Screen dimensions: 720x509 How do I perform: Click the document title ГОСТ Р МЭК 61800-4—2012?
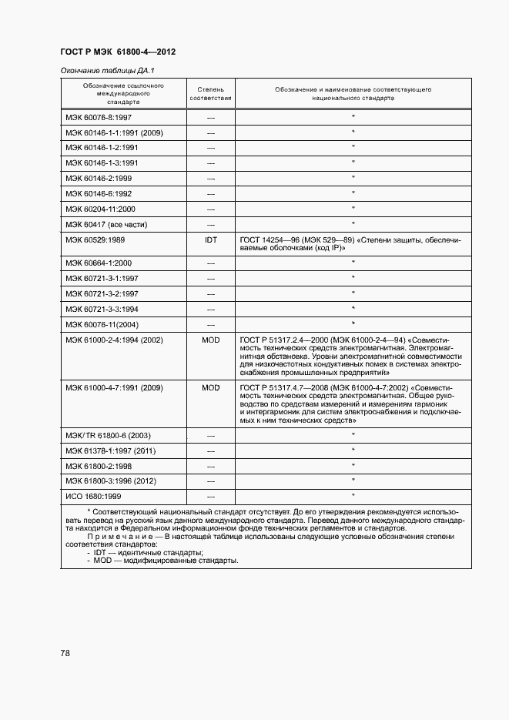coord(118,52)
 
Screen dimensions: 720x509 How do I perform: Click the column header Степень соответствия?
coord(210,94)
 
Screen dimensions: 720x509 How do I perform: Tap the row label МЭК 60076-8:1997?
coord(99,117)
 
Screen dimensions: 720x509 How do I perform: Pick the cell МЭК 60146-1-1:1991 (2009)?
coord(114,132)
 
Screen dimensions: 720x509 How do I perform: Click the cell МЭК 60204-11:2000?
coord(101,209)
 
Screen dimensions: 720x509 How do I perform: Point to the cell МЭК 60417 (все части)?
coord(106,224)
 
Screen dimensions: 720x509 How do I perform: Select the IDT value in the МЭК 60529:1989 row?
coord(210,240)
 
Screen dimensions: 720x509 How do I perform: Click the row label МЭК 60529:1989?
coord(96,240)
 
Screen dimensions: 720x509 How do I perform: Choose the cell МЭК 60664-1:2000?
coord(99,263)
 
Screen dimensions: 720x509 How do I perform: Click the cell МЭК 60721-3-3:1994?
coord(102,309)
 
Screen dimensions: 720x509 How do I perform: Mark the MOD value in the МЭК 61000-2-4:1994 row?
coord(210,340)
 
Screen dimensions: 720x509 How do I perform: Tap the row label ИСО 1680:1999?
coord(93,497)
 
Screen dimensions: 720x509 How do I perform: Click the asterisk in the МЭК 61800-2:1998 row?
coord(353,466)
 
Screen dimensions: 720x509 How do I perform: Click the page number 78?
coord(65,653)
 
